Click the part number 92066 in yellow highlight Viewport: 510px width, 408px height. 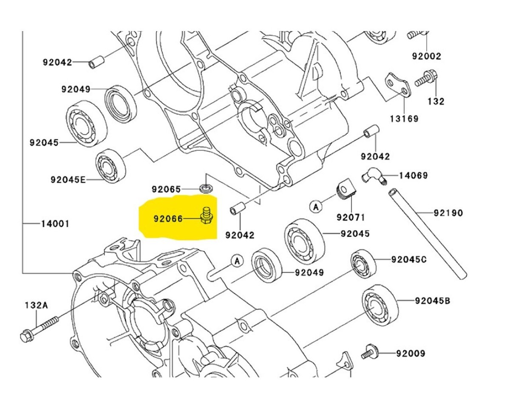coord(168,219)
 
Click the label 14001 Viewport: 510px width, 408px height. coord(55,223)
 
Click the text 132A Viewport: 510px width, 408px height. coord(37,305)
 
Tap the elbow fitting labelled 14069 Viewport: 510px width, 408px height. coord(373,176)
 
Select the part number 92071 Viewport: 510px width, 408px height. coord(351,218)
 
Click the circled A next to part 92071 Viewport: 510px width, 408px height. coord(315,207)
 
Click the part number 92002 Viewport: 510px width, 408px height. coord(426,56)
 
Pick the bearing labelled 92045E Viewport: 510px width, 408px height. coord(110,166)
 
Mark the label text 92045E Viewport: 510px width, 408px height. coord(68,180)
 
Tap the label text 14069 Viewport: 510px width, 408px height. coord(413,175)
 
